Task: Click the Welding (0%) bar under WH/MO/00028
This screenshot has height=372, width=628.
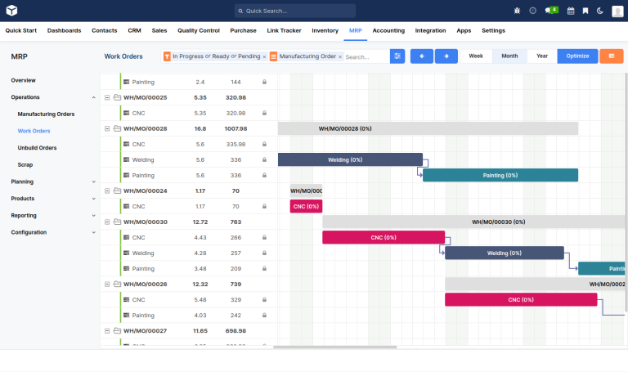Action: tap(350, 159)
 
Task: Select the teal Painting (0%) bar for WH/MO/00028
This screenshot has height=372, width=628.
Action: tap(500, 175)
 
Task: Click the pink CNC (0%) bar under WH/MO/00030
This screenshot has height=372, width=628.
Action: tap(383, 237)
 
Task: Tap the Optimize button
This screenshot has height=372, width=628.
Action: tap(577, 56)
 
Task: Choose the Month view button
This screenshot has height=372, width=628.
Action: tap(509, 56)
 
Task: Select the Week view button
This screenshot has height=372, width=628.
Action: tap(476, 56)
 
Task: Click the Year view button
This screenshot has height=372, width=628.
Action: tap(541, 56)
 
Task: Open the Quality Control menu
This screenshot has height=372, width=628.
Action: tap(199, 30)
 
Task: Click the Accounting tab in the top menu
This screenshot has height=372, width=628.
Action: tap(388, 30)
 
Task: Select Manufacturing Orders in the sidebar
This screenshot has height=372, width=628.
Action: tap(46, 114)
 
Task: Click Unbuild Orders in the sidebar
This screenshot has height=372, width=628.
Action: tap(37, 148)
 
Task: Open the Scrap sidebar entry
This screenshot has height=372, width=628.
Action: tap(25, 164)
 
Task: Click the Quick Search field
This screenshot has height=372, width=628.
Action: tap(295, 11)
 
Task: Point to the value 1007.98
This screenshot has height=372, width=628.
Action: tap(235, 128)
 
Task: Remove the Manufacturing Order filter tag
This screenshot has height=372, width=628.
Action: tap(340, 57)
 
